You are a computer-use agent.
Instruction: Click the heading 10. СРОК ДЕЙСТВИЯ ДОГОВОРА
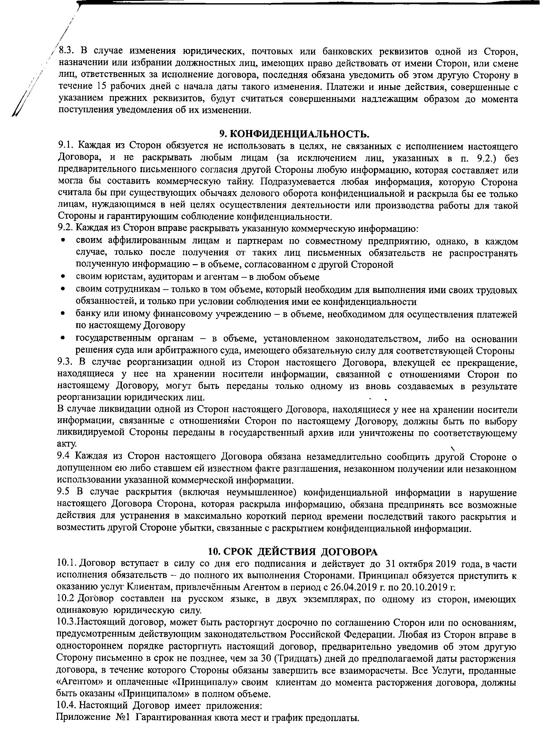292,551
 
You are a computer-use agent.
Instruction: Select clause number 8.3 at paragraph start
65,52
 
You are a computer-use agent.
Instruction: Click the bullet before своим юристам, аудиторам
63,277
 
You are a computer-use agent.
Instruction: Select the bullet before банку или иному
63,314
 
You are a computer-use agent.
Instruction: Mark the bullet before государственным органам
63,338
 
